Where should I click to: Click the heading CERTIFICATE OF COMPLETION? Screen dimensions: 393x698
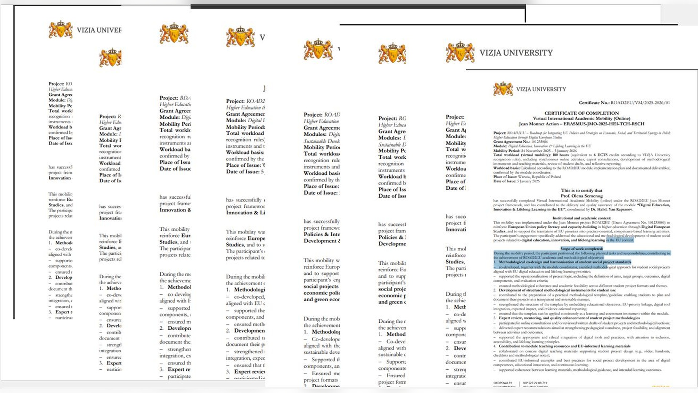click(x=581, y=113)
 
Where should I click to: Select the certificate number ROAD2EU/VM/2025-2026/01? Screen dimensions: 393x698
click(x=640, y=103)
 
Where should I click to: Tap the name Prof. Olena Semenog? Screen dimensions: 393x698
click(x=581, y=196)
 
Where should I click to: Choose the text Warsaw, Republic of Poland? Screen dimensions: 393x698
click(x=539, y=177)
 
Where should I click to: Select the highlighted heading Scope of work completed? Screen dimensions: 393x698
click(x=581, y=249)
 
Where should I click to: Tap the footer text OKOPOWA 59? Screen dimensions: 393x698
click(x=502, y=383)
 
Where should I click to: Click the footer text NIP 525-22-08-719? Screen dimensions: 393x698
click(x=535, y=383)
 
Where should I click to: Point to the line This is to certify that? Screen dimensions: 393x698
click(x=581, y=190)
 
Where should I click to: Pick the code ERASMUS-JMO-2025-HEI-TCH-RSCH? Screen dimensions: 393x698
click(x=604, y=124)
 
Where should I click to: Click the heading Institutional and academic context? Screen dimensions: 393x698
click(x=581, y=218)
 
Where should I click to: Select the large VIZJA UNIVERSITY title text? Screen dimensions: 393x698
click(x=516, y=53)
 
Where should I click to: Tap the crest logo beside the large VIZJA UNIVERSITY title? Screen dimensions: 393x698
click(x=460, y=52)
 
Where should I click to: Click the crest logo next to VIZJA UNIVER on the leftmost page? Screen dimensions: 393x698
click(x=61, y=29)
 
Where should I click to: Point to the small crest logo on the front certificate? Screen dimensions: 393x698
click(x=503, y=89)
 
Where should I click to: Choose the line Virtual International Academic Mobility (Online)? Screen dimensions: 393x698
click(x=581, y=118)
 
